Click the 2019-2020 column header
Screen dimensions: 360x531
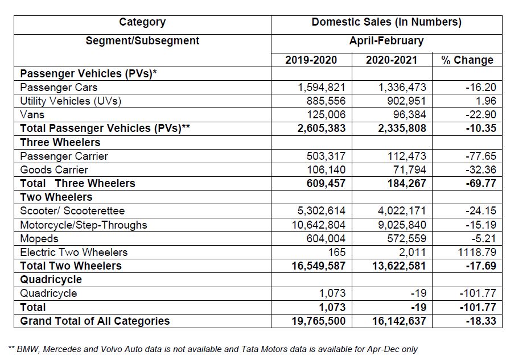311,60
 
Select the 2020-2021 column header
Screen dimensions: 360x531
392,60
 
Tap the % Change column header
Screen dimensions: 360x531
467,60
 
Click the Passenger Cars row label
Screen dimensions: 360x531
59,88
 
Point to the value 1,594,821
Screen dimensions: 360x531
322,88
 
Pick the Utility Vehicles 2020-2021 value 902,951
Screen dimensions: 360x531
402,101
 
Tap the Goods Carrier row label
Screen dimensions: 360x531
54,169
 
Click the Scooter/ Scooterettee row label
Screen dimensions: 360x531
72,211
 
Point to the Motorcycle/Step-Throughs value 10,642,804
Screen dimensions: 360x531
318,225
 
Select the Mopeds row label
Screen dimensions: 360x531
39,238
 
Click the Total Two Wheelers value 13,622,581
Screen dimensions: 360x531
394,266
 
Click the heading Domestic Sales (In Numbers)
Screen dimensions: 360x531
386,22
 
